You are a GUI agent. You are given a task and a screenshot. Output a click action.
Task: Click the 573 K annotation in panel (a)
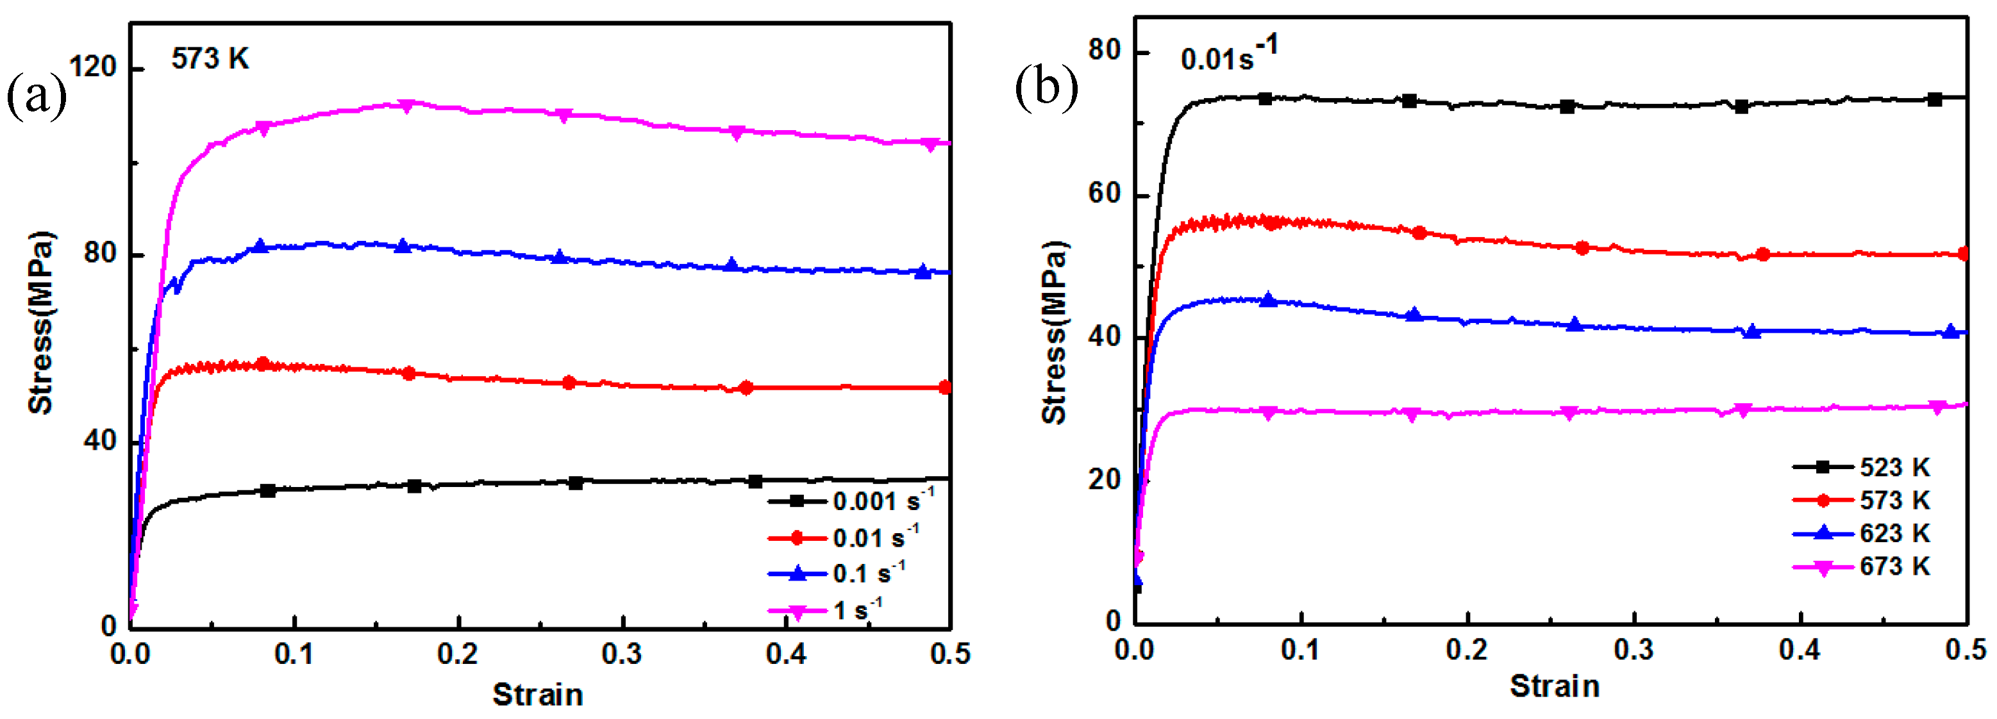[x=210, y=59]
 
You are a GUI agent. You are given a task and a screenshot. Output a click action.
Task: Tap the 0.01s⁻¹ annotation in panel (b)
[x=1228, y=56]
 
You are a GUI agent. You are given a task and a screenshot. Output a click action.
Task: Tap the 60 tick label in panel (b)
[x=1105, y=193]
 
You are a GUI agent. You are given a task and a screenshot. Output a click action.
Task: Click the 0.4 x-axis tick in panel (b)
[x=1800, y=650]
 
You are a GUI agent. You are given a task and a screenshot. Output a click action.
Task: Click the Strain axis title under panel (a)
[x=537, y=694]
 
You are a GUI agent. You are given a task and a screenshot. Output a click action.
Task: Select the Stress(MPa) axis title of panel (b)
[x=1055, y=333]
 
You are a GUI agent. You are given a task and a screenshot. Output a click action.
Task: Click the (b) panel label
[x=1046, y=88]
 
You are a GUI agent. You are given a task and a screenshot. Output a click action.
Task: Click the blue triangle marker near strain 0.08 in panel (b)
[x=1268, y=300]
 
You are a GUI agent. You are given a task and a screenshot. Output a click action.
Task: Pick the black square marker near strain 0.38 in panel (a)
[x=756, y=482]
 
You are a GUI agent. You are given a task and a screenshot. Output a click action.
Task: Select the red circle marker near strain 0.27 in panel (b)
[x=1582, y=248]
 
